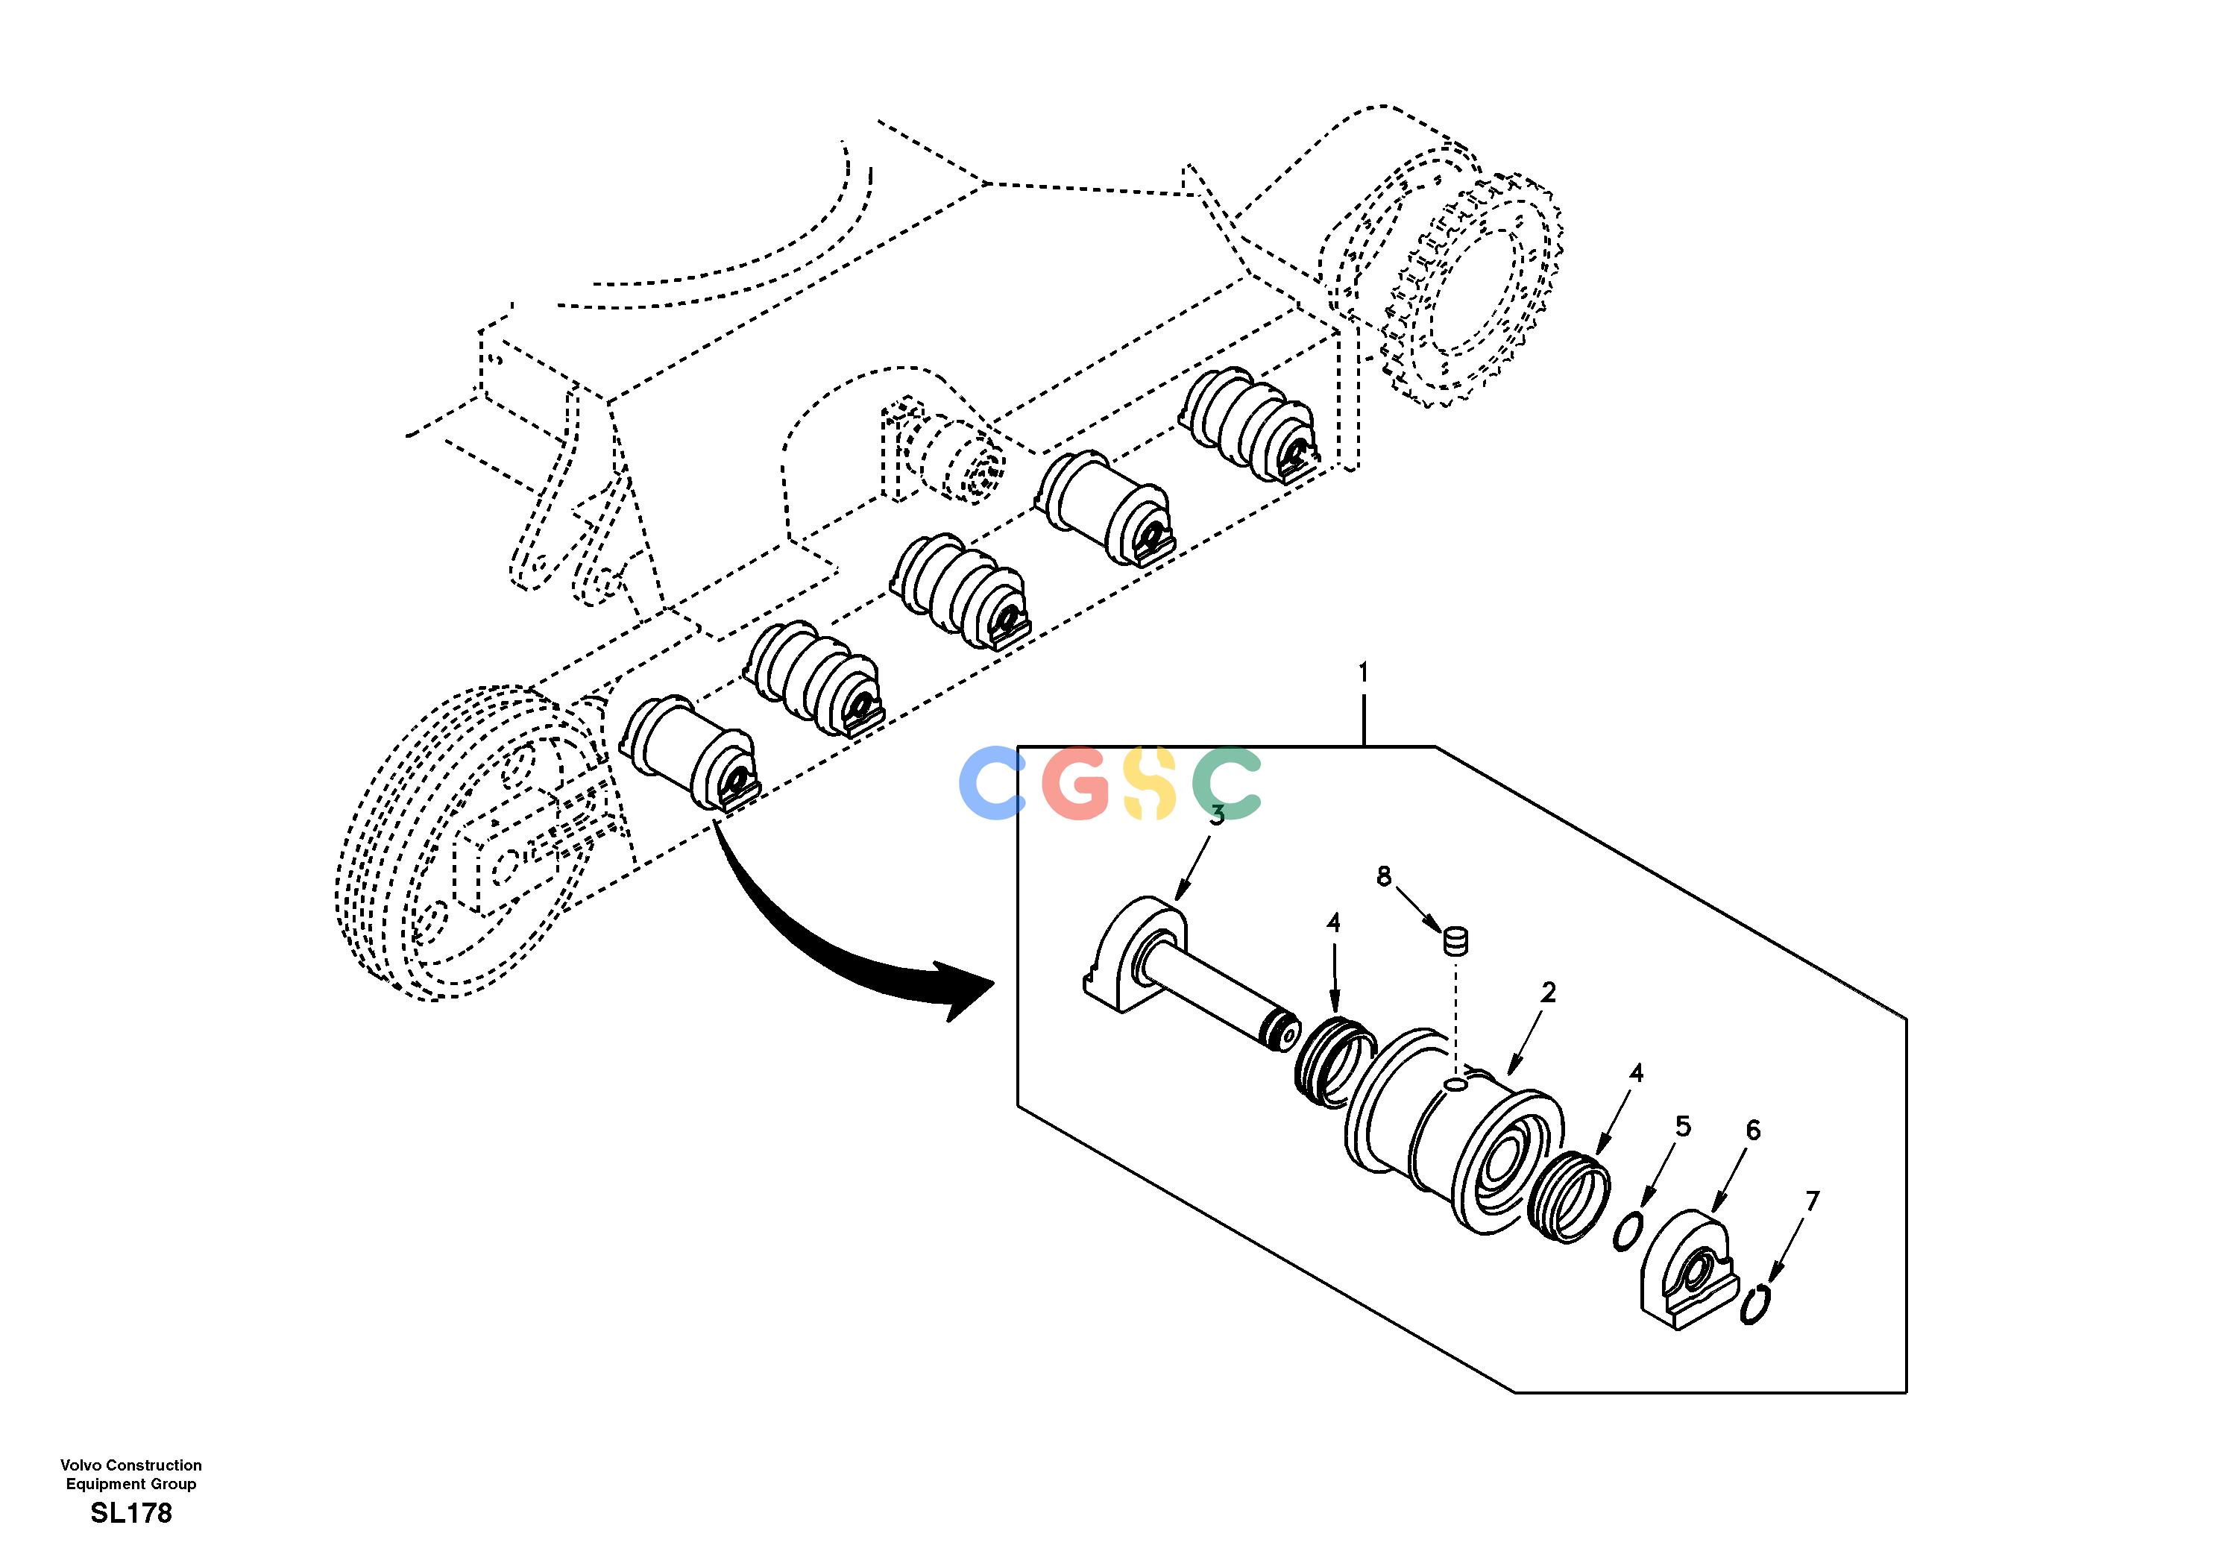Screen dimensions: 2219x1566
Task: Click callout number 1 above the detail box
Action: point(1363,671)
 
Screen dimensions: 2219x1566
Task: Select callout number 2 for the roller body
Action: point(1548,992)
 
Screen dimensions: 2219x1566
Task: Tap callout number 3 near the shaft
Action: point(1218,815)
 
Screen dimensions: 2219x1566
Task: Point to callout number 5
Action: point(1684,1126)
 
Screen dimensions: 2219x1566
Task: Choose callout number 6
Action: point(1753,1130)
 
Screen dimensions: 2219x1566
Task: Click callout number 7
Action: point(1812,1201)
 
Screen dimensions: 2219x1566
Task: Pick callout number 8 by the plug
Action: point(1384,877)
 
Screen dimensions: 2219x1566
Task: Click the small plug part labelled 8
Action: point(1455,940)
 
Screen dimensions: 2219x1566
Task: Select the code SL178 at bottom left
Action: point(131,1514)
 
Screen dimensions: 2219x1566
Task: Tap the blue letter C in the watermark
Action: point(992,783)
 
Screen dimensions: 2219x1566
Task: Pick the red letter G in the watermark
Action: point(1077,783)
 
